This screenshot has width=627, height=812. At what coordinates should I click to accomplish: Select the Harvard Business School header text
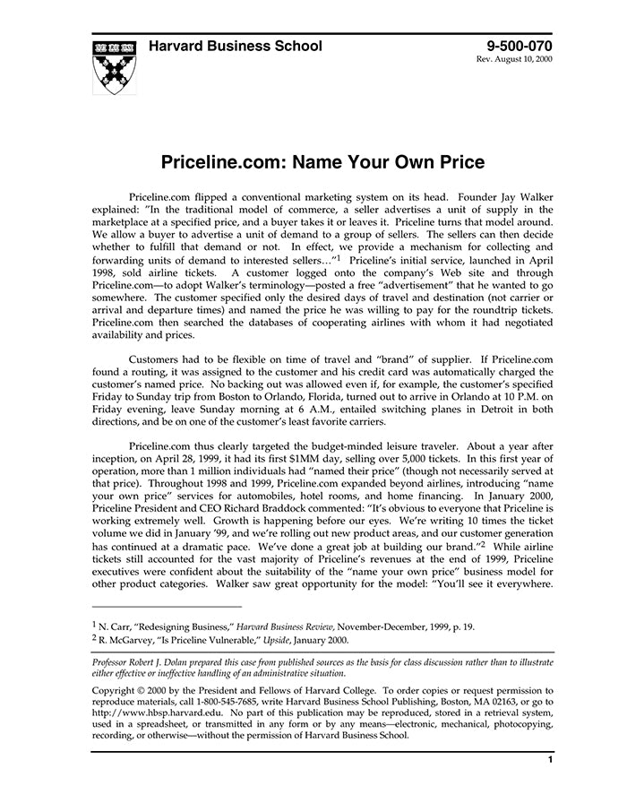(236, 47)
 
